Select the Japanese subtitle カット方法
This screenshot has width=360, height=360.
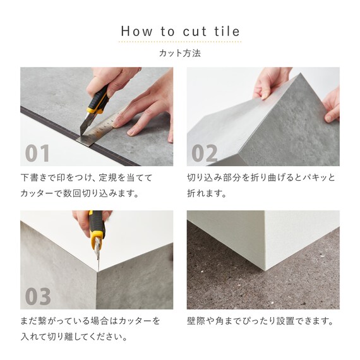180,54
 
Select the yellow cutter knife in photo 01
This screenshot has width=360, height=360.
95,101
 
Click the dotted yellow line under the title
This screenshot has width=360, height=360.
180,42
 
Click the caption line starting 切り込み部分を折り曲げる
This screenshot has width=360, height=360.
261,177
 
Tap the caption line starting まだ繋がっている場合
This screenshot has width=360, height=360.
90,321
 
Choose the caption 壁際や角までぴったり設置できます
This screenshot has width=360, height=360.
260,321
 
